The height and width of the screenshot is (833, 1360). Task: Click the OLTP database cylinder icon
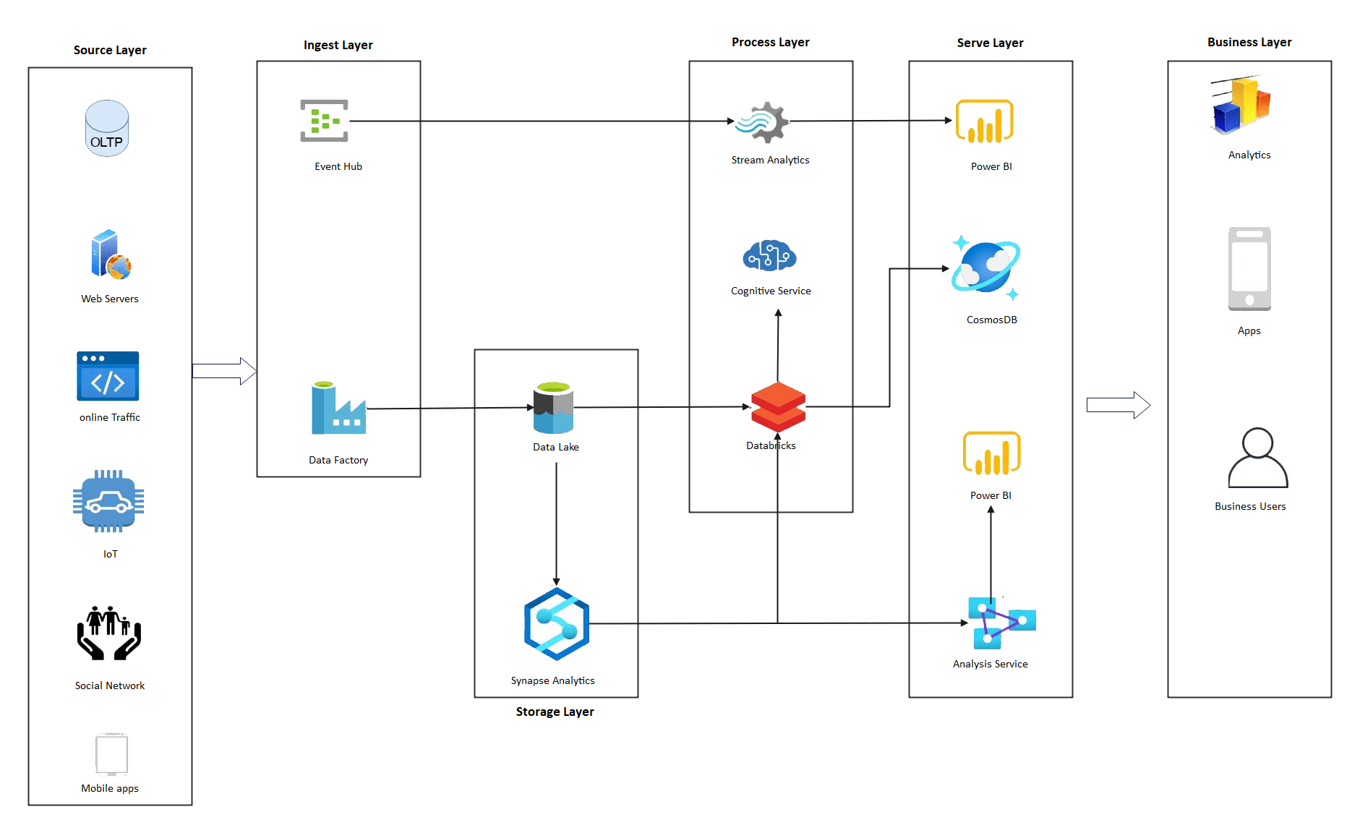[107, 128]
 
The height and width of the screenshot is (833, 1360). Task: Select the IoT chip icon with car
[108, 501]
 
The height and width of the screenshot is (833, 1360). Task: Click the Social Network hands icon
[109, 633]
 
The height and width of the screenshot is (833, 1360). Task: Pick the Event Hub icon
[325, 121]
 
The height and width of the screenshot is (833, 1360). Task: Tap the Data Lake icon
[553, 408]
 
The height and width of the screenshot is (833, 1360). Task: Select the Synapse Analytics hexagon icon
[556, 623]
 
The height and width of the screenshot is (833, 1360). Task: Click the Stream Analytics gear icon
[763, 122]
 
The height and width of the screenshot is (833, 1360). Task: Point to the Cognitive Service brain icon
[769, 256]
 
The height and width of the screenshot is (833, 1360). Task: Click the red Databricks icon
[778, 406]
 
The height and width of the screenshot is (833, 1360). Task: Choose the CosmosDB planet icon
[985, 268]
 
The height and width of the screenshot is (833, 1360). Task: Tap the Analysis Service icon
[1001, 622]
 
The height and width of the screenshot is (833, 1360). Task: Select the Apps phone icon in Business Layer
[1249, 269]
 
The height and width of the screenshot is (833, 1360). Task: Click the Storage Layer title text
[555, 712]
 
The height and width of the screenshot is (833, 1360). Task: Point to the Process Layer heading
[770, 42]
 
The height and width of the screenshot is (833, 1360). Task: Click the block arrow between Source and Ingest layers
[224, 371]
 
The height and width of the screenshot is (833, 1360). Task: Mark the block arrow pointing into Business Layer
[1118, 405]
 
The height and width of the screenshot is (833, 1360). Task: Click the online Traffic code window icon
[108, 376]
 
